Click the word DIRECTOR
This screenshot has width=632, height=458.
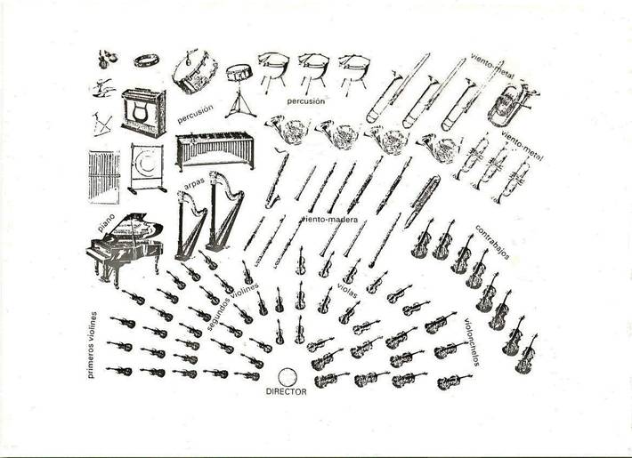[x=287, y=391]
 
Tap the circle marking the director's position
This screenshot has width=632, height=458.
[x=287, y=375]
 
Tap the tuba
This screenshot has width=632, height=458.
[x=506, y=105]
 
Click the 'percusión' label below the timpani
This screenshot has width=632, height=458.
[x=305, y=100]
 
